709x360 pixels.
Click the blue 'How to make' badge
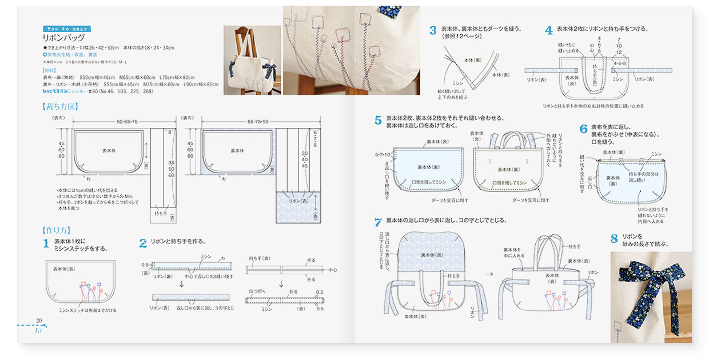[x=67, y=29]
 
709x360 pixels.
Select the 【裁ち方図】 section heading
[x=60, y=106]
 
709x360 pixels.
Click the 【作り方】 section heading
[x=55, y=230]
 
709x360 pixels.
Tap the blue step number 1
[x=46, y=244]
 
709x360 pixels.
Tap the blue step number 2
[x=143, y=243]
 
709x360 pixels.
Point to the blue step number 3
[x=433, y=31]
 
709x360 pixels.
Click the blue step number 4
[x=548, y=31]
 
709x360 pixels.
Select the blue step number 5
[x=378, y=121]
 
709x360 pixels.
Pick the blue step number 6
[x=583, y=129]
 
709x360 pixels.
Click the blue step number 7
[x=378, y=222]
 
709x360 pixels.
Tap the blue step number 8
[x=614, y=239]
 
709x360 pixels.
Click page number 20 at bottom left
[x=39, y=321]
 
